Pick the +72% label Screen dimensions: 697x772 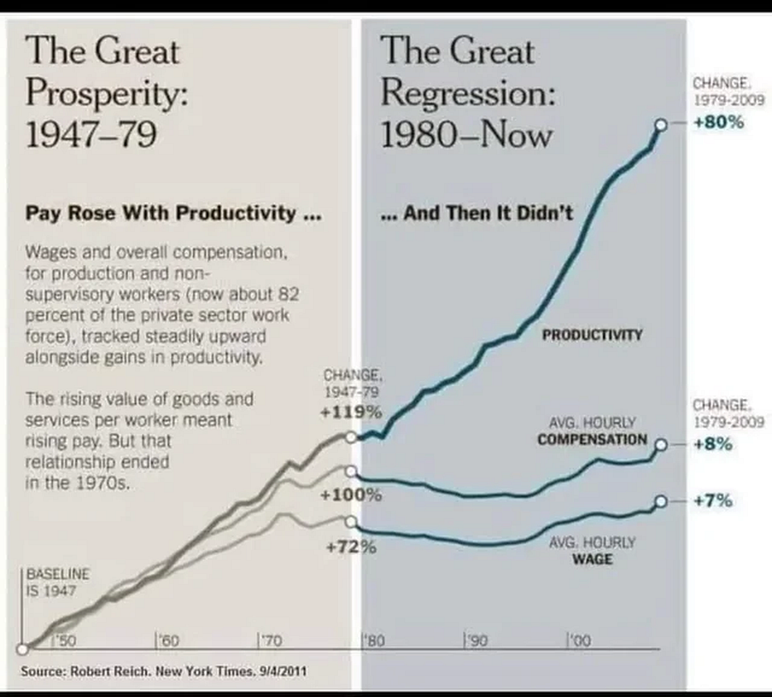point(350,548)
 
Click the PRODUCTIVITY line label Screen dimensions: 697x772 point(592,334)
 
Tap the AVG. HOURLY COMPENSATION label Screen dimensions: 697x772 point(592,433)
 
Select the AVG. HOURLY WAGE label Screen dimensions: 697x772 point(592,552)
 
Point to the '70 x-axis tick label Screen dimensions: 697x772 point(270,640)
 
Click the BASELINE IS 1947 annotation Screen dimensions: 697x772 point(50,581)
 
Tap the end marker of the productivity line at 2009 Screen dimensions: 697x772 point(660,126)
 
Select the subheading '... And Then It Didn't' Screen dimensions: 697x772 point(478,213)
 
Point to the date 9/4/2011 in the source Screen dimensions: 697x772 point(284,671)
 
